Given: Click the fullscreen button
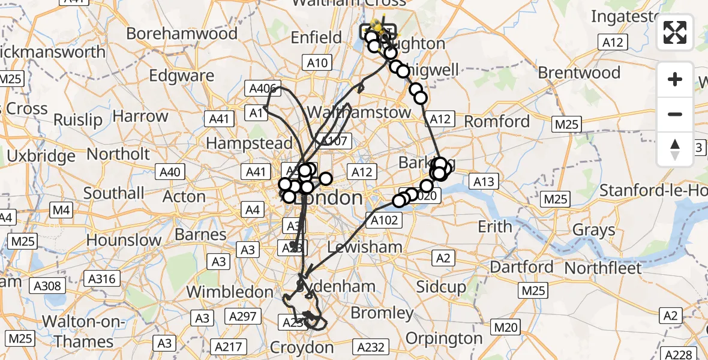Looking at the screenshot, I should click(x=675, y=32).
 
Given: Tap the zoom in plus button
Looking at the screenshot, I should click(x=675, y=79).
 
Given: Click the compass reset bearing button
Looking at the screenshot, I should click(x=675, y=149).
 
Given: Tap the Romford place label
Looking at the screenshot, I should click(x=497, y=122).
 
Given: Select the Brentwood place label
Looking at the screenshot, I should click(x=579, y=73).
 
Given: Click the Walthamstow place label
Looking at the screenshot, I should click(x=358, y=112).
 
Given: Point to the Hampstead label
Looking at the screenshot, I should click(x=249, y=143).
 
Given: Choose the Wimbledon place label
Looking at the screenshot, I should click(x=230, y=292).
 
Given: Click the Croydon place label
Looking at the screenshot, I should click(x=302, y=347).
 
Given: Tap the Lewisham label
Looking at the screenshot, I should click(x=365, y=247).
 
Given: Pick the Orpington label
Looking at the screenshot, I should click(x=444, y=338).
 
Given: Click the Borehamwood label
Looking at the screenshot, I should click(x=182, y=34).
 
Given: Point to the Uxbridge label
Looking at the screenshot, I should click(x=41, y=156).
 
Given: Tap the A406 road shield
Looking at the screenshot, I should click(x=262, y=89).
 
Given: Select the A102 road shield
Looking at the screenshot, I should click(x=384, y=220).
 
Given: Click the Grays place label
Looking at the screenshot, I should click(x=593, y=230).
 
